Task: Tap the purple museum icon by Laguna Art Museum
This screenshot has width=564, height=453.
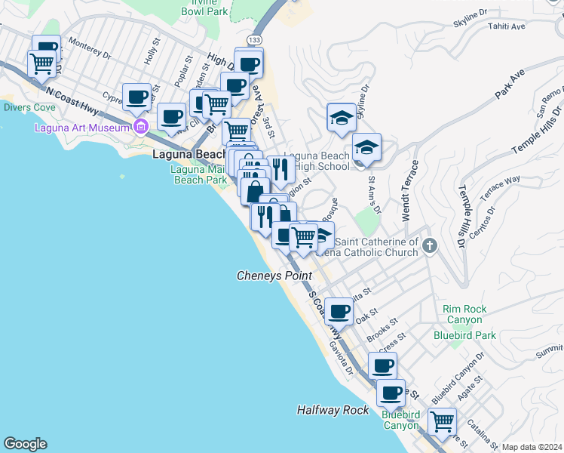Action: (x=139, y=126)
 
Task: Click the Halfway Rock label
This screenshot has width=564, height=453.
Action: (x=333, y=410)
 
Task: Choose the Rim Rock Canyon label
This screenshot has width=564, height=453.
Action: (x=464, y=314)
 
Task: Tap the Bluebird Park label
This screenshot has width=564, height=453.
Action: (x=464, y=334)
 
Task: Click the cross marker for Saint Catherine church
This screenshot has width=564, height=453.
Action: (x=430, y=245)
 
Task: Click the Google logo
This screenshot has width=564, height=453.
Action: (x=25, y=444)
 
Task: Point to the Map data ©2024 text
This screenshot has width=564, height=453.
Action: (x=532, y=447)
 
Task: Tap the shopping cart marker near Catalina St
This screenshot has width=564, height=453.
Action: (x=442, y=420)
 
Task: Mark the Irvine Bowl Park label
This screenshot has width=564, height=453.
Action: (x=206, y=8)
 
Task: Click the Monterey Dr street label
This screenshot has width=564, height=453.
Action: (x=89, y=47)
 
